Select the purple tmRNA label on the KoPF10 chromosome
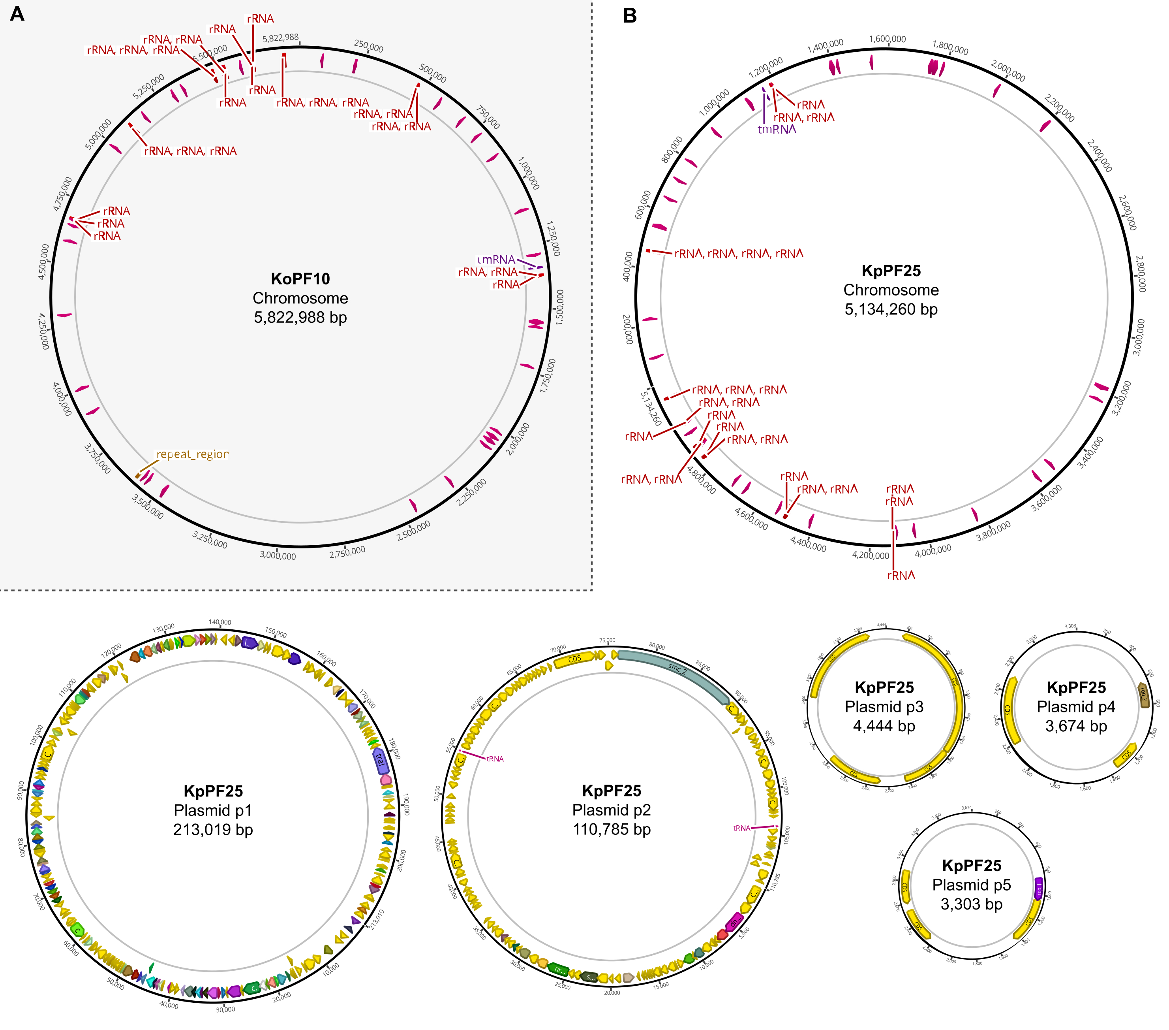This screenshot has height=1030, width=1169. coord(496,260)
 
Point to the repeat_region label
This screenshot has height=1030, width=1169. coord(192,454)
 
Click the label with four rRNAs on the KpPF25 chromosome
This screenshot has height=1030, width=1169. coord(738,254)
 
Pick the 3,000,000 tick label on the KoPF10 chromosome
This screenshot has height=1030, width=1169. coord(278,555)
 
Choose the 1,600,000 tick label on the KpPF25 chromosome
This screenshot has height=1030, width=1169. coord(887,39)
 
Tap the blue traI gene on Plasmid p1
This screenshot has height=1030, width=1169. coord(380,759)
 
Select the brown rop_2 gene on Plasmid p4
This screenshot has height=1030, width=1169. coord(1143,694)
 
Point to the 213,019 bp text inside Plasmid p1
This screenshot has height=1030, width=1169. coord(213,829)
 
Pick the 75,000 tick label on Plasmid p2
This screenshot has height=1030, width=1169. coord(607,640)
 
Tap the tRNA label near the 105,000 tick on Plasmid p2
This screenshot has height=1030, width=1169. coord(741,828)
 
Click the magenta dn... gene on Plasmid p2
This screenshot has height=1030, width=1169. coord(735,921)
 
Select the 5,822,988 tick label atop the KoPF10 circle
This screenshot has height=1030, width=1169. coord(280,38)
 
